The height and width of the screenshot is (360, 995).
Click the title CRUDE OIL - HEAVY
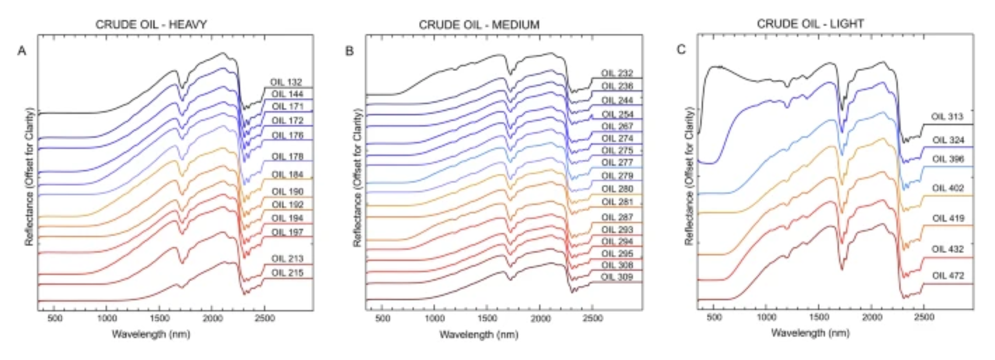tap(151, 24)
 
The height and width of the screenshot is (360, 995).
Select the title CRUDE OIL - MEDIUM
tap(479, 24)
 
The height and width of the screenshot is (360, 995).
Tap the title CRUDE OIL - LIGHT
tap(810, 24)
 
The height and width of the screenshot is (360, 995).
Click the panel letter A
tap(21, 50)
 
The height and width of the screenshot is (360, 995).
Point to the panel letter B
tap(349, 50)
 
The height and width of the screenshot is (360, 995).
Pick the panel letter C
tap(681, 49)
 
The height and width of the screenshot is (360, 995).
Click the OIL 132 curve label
tap(286, 82)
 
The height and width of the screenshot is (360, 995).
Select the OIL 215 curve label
tap(287, 273)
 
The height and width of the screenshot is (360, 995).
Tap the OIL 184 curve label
tap(287, 175)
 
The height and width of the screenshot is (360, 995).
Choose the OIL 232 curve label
tap(617, 73)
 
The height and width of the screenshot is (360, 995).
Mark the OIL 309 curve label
tap(617, 277)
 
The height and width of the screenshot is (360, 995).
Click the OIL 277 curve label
tap(617, 162)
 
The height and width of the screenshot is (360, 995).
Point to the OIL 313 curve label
tap(947, 117)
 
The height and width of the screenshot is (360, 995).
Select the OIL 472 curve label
tap(948, 275)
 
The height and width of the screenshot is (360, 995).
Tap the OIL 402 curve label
tap(948, 188)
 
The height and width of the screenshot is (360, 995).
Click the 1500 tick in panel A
tap(159, 318)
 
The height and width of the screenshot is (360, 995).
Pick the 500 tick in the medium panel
tap(382, 318)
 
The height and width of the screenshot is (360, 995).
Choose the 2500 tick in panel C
tap(924, 318)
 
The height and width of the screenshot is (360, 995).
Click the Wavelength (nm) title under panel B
tap(479, 334)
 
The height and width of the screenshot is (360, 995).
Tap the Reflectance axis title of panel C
tap(689, 176)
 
